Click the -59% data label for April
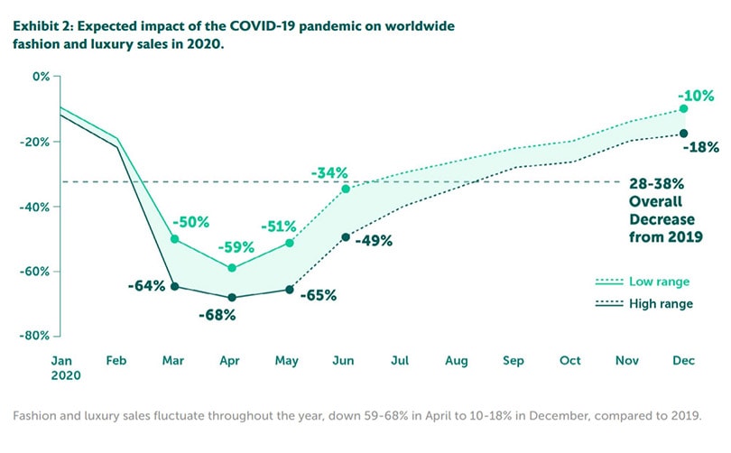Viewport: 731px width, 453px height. (x=233, y=246)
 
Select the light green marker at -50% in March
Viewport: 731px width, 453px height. (x=175, y=239)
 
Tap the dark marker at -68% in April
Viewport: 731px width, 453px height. (x=233, y=297)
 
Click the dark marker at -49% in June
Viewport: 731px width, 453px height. (x=346, y=237)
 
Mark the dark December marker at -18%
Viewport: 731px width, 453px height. (x=683, y=134)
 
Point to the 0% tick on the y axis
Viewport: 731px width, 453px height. (x=41, y=76)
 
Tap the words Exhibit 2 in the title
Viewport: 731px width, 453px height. (x=44, y=26)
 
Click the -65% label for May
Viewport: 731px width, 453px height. (x=319, y=294)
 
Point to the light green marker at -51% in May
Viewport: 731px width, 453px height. (x=290, y=243)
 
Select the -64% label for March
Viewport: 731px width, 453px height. (x=146, y=286)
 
